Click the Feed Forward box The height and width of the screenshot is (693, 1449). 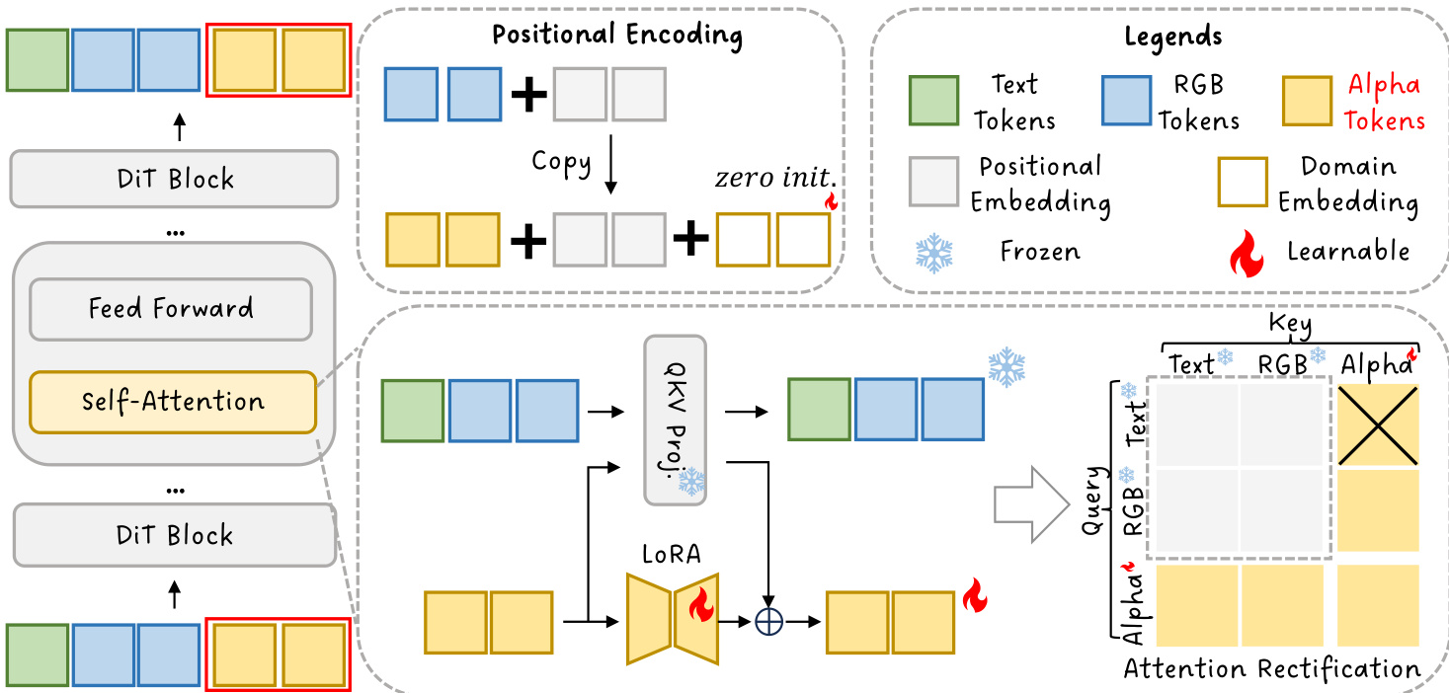171,309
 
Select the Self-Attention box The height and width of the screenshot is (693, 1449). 173,402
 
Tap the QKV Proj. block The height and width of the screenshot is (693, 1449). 676,421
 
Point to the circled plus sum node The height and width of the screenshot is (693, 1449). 768,623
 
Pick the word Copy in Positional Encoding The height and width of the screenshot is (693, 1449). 561,162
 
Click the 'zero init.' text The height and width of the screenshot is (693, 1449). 774,180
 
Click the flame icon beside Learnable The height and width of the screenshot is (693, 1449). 1247,253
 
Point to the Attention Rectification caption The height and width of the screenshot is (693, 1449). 1272,669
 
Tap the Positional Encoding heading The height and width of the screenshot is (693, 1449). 617,36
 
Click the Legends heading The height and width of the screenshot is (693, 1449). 1172,38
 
